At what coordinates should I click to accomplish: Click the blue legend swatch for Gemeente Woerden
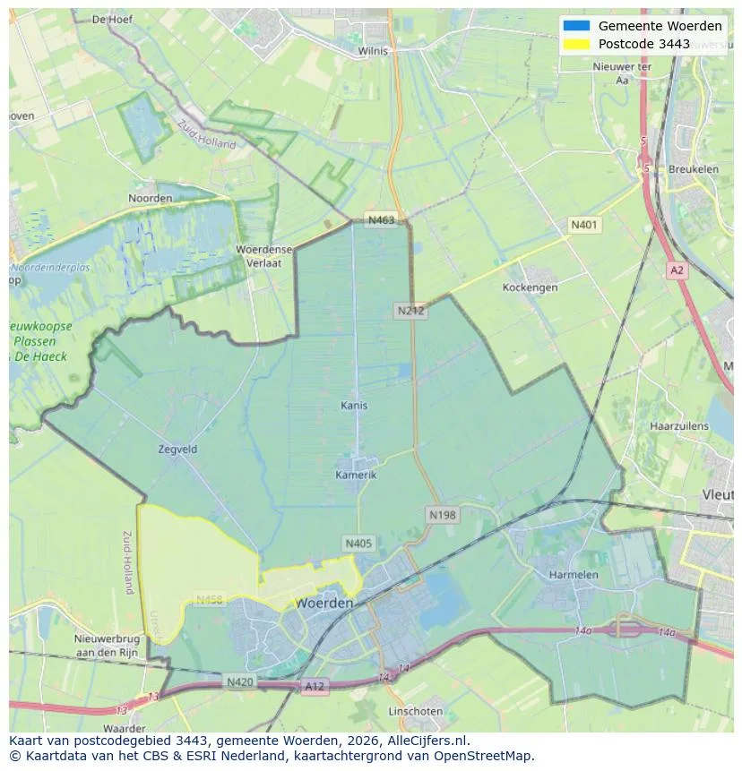coord(576,26)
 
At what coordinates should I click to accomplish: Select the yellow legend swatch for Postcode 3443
coord(576,44)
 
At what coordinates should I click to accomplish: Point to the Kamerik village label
coord(356,475)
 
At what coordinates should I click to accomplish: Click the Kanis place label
coord(354,406)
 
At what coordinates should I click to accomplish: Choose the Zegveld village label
coord(177,450)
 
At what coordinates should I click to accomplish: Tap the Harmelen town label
coord(574,574)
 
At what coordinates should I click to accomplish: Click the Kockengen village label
coord(531,287)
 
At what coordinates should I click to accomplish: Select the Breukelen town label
coord(694,168)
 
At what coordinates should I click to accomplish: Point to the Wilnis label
coord(373,51)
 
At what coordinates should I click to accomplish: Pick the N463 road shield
coord(380,219)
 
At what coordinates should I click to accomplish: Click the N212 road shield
coord(410,311)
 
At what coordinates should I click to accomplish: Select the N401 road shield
coord(584,225)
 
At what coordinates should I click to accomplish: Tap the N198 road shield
coord(442,515)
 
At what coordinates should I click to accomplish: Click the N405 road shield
coord(358,544)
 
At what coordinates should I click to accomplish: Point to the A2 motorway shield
coord(677,269)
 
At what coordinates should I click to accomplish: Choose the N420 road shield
coord(239,682)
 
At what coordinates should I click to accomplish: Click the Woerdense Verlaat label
coord(259,256)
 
